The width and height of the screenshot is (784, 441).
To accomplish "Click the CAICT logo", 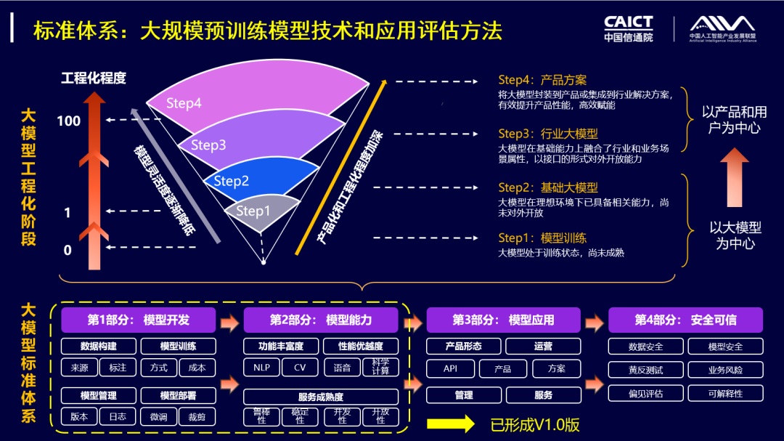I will coord(628,28).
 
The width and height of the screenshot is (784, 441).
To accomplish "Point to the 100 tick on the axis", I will coord(69,121).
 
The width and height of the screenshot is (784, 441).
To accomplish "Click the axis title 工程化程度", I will coord(94,78).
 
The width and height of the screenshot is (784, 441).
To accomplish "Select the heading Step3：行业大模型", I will coord(547,134).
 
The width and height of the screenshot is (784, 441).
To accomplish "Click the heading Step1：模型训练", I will coord(542,238).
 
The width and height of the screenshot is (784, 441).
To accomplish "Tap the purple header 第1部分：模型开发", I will coord(138,320).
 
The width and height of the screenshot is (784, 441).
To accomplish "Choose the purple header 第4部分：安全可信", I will coord(685,320).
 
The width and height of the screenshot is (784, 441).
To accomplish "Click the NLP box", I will coord(261,368).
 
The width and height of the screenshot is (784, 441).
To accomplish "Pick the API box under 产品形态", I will coord(450,368).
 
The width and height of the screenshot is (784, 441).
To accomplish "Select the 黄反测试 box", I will coord(645,370).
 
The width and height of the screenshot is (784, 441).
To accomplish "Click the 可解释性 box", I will coord(725,394).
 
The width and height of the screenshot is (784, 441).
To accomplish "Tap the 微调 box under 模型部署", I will coord(158,416).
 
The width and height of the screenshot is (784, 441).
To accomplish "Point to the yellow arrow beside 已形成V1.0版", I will coord(450,424).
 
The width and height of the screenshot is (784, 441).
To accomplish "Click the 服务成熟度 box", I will coord(320,397).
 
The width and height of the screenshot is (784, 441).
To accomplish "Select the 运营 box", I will coord(542,347).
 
